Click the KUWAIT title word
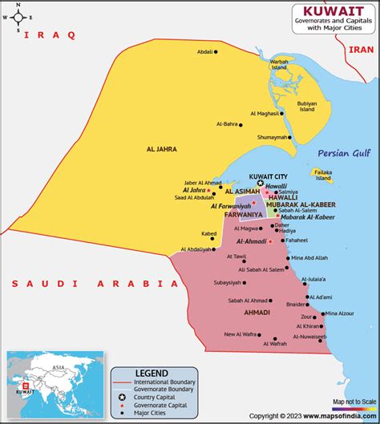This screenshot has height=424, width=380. [328, 10]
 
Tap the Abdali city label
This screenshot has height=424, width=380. [205, 52]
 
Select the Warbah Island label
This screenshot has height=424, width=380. [279, 63]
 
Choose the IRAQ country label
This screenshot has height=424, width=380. [50, 35]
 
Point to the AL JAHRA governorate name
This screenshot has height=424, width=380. [161, 149]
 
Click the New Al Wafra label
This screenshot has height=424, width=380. [240, 334]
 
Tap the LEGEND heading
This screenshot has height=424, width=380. [152, 374]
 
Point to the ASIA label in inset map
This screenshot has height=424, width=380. [59, 366]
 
